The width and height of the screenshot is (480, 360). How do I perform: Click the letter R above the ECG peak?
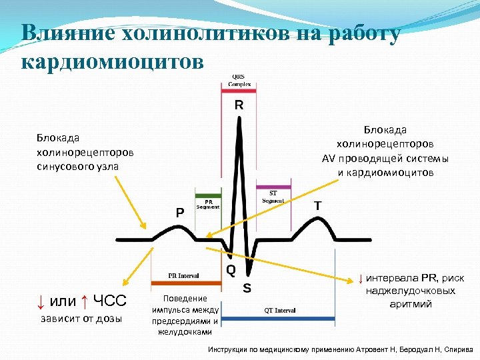tap(239, 105)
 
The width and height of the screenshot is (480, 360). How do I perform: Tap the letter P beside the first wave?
tap(180, 212)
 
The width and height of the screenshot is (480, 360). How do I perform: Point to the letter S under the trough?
tap(247, 289)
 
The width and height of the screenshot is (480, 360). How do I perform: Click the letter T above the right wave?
tap(319, 206)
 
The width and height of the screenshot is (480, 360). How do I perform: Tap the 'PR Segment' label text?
tap(207, 204)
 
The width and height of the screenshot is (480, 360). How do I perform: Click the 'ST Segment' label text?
tap(273, 197)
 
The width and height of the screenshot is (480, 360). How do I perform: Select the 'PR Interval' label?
tap(184, 275)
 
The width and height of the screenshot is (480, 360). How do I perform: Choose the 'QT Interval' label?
tap(280, 310)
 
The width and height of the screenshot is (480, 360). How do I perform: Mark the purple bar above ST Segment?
tap(273, 187)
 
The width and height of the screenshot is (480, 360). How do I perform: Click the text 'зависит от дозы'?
tap(81, 318)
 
